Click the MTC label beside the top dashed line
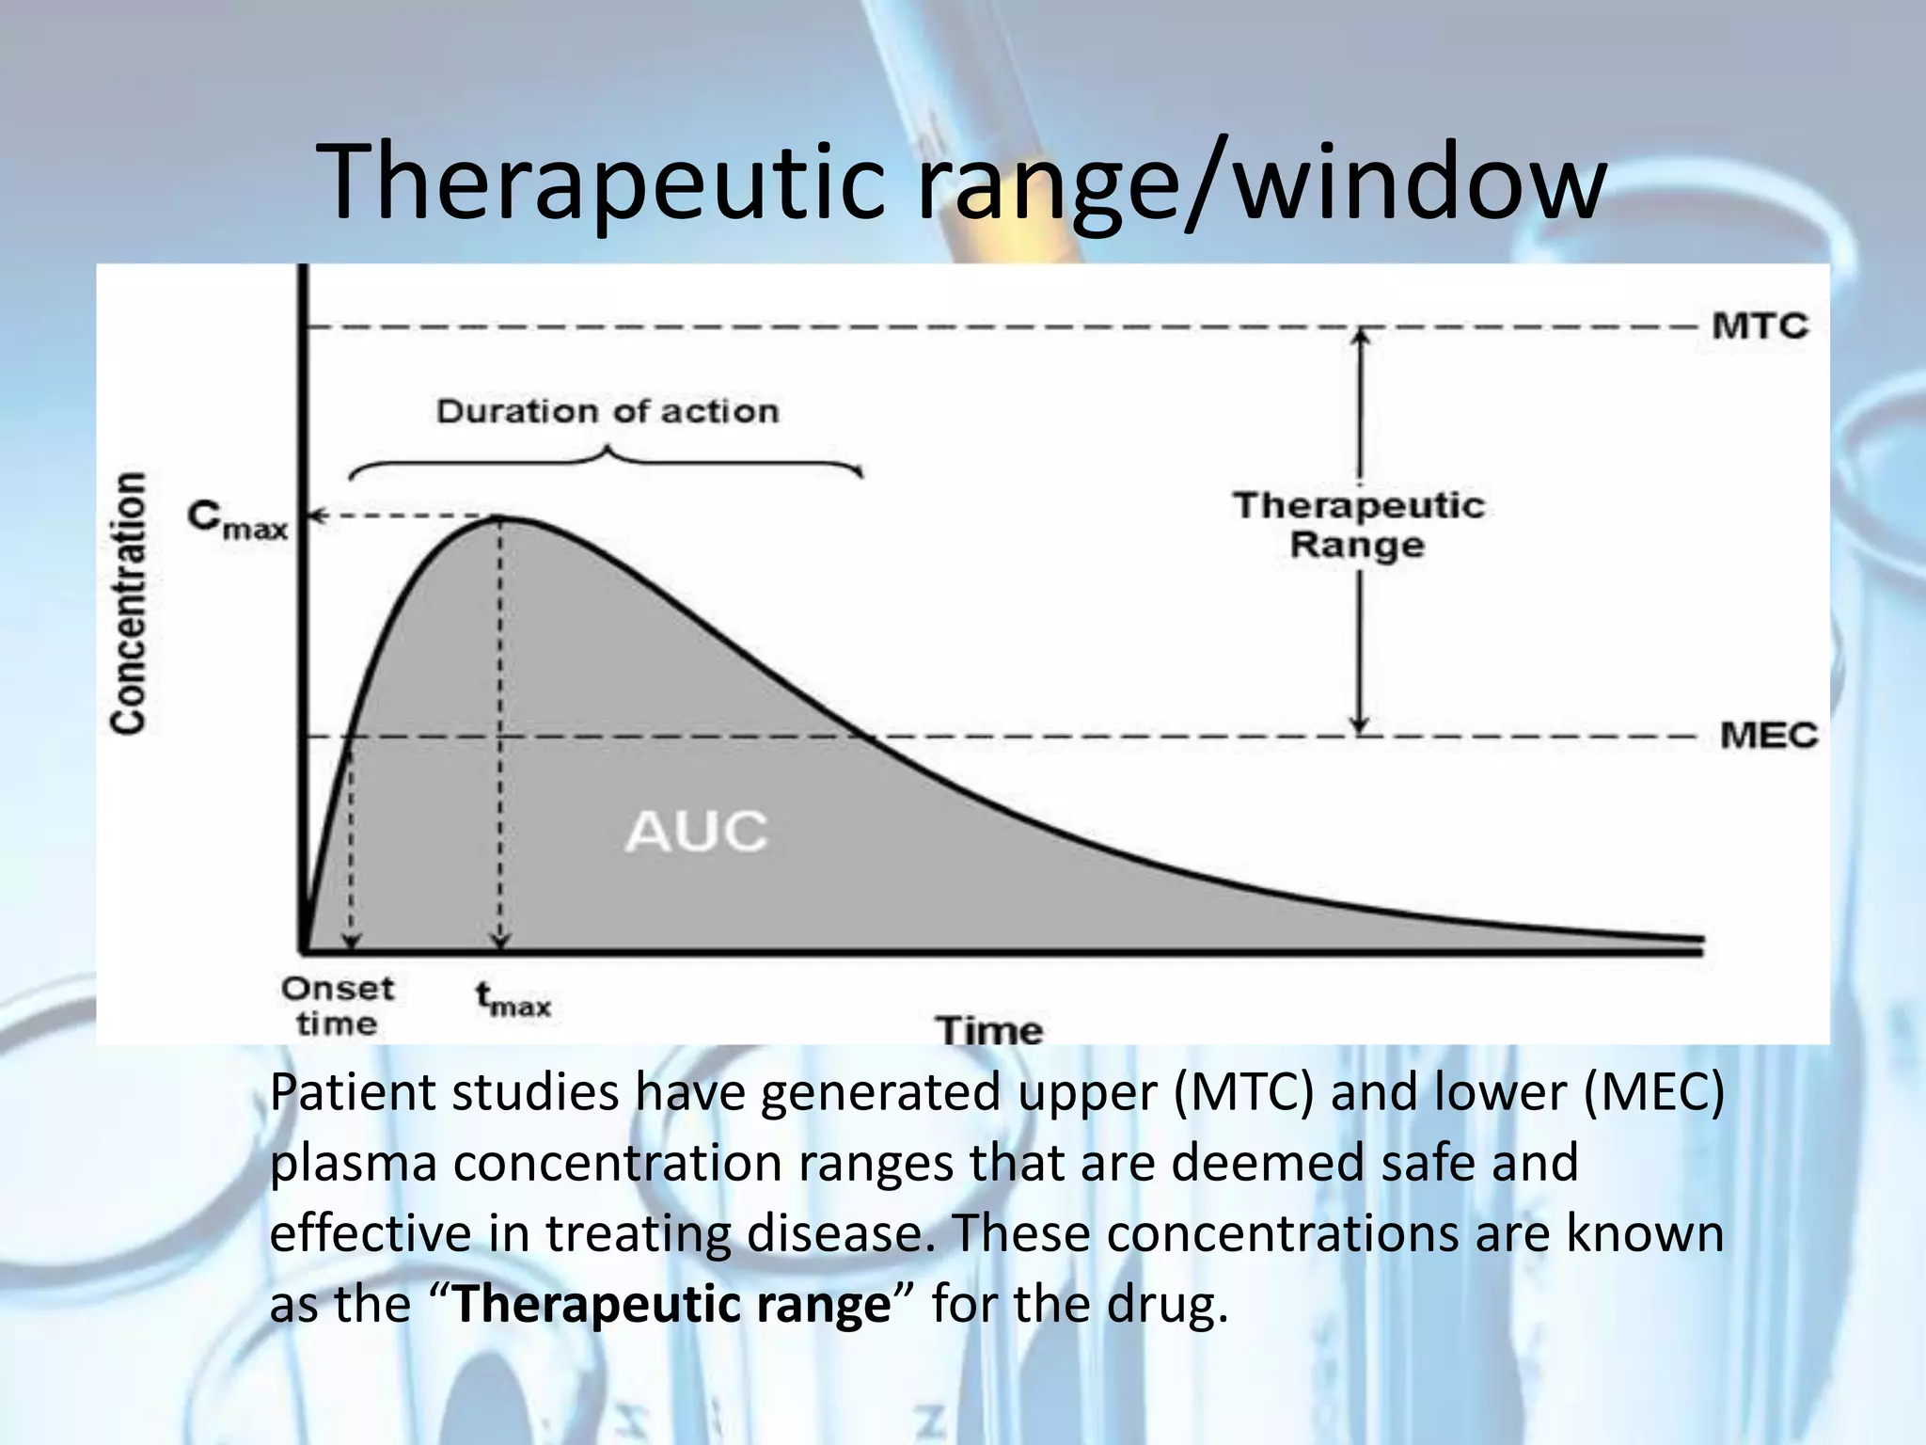tap(1760, 327)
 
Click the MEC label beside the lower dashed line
tap(1768, 736)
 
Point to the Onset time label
tap(337, 1006)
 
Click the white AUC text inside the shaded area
tap(697, 832)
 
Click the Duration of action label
tap(608, 412)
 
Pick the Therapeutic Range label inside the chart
tap(1359, 525)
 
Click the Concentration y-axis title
tap(129, 602)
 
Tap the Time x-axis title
tap(989, 1030)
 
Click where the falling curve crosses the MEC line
tap(861, 737)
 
